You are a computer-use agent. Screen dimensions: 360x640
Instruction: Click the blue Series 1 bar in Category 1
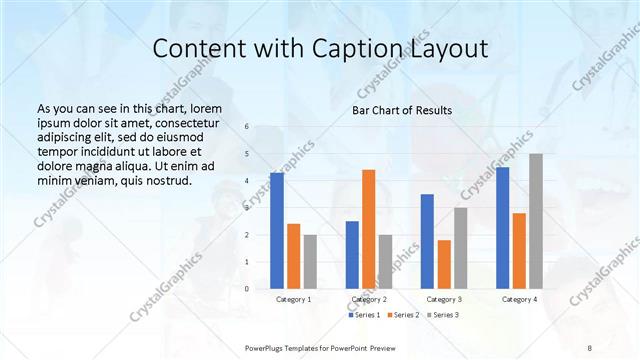[276, 231]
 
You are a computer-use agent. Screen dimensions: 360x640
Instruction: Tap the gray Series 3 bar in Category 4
[536, 221]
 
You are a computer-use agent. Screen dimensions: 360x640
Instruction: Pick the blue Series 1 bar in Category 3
[427, 241]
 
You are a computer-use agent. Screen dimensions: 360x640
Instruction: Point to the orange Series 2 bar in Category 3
[444, 264]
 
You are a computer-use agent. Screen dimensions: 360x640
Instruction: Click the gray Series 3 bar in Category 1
[310, 262]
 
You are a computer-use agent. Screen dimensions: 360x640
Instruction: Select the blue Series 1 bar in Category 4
[502, 228]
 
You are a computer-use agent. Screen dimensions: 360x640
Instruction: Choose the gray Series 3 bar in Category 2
[385, 262]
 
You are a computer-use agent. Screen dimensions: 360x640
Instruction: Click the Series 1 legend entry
[362, 315]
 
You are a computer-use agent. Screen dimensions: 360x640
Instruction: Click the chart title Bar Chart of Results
[401, 110]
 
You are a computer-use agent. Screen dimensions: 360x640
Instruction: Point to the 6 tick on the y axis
[248, 127]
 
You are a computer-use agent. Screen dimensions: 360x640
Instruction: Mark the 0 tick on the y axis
[248, 289]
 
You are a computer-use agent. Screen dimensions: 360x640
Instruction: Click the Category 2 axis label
[369, 299]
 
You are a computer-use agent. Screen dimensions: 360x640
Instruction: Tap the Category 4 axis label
[519, 299]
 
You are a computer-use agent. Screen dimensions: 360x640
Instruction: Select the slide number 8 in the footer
[590, 347]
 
